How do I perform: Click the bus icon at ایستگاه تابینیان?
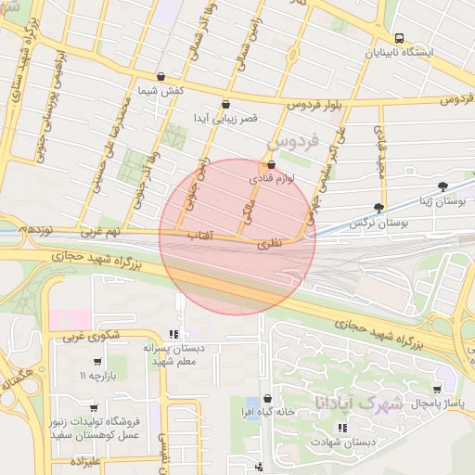pos(399,38)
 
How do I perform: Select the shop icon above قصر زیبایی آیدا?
pos(225,105)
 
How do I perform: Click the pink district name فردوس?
pos(293,142)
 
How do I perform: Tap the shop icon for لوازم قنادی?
pos(271,165)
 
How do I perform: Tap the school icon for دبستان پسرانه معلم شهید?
pos(173,334)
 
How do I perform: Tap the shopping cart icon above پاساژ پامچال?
pos(437,390)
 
